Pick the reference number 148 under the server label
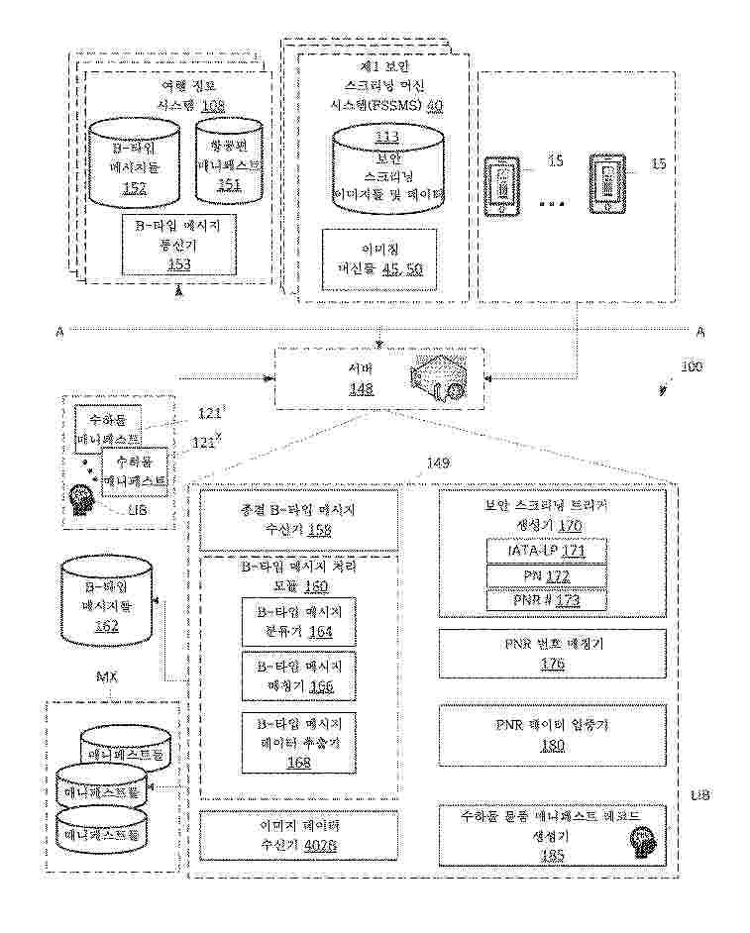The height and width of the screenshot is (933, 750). click(x=361, y=389)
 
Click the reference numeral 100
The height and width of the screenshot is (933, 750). click(x=691, y=366)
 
